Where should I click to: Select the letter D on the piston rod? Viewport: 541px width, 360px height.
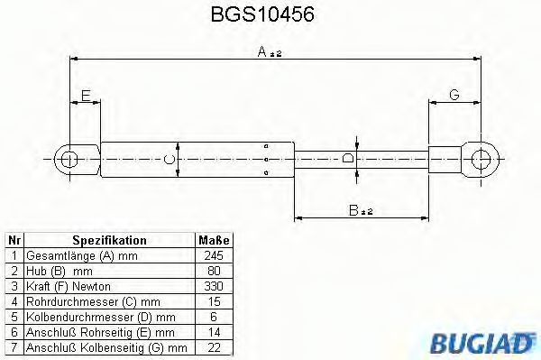[x=349, y=160]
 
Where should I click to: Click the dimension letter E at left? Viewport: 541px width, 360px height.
[x=86, y=94]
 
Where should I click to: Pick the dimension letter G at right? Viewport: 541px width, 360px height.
[x=454, y=94]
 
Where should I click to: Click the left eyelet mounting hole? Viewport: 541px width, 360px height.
[x=69, y=160]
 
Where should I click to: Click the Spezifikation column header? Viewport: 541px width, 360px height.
[x=109, y=241]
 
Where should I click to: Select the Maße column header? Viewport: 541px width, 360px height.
[x=214, y=241]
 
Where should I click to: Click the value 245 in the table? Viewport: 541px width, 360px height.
[x=214, y=255]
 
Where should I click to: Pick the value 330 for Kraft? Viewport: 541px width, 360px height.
[x=214, y=285]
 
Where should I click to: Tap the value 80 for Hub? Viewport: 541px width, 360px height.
[x=214, y=271]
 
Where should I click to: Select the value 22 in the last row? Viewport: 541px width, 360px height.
[x=214, y=346]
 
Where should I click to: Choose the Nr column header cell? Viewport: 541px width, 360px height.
[x=14, y=241]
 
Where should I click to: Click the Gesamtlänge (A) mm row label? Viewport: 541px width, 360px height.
[x=75, y=255]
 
